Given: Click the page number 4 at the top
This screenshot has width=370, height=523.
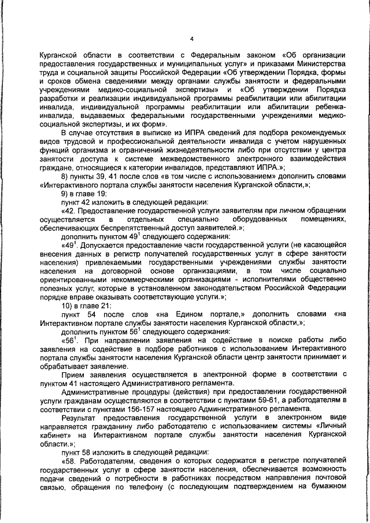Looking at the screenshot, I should (x=191, y=39).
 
